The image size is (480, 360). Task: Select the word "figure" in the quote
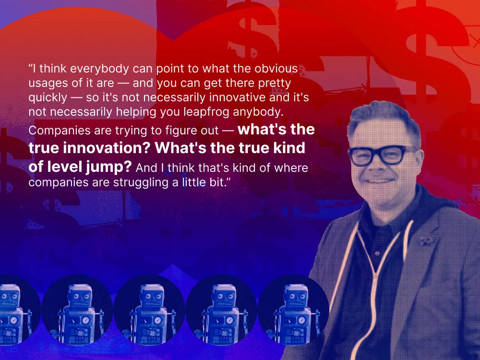pos(164,131)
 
